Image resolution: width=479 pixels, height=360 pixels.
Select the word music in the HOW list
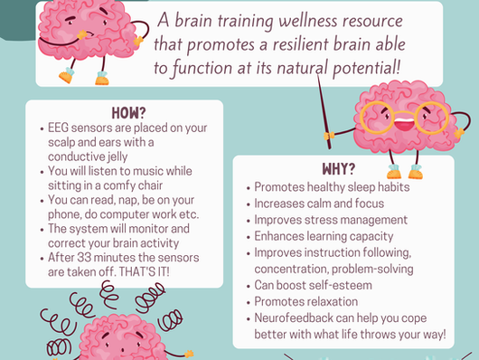[151, 171]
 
